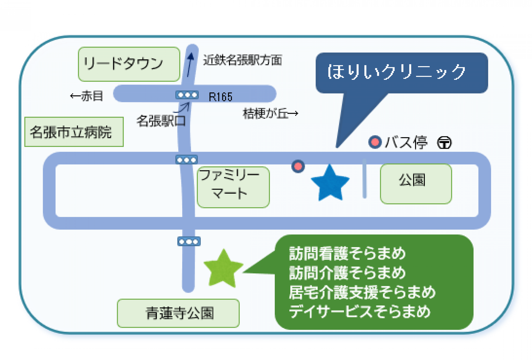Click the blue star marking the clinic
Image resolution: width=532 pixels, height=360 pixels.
[330, 184]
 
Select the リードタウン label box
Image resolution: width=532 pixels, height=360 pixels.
[129, 64]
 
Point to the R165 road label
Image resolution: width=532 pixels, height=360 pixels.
[221, 97]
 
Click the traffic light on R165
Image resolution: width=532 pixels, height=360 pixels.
[187, 95]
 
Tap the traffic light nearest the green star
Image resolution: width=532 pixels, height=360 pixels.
[189, 242]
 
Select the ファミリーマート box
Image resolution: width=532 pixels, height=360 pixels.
[233, 187]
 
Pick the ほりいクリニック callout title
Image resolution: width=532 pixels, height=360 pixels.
[396, 72]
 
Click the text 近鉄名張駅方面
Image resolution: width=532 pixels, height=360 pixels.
[242, 60]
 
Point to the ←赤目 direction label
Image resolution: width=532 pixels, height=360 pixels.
[86, 96]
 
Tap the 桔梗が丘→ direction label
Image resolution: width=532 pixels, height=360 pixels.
[270, 114]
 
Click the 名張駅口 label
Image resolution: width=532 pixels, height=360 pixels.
[161, 121]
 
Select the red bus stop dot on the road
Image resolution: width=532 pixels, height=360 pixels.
[298, 166]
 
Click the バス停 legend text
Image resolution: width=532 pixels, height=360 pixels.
[406, 142]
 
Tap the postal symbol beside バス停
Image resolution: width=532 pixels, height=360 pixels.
[444, 143]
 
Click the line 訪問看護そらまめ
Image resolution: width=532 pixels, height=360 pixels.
[347, 253]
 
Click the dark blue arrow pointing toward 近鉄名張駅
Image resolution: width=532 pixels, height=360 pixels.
[190, 64]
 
